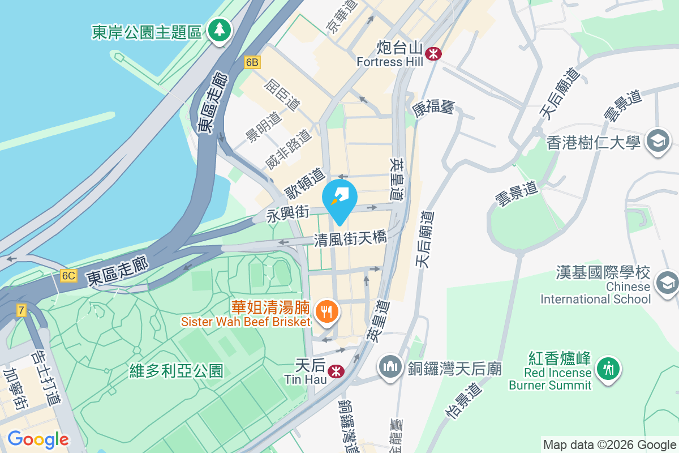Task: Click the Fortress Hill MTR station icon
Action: [434, 54]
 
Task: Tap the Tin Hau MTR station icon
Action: [336, 371]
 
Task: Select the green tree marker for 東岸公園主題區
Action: [218, 29]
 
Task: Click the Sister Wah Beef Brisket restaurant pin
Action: [327, 311]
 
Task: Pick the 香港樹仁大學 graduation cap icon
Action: [658, 140]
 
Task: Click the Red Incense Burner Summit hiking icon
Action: [608, 369]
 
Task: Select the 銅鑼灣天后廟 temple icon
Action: [390, 367]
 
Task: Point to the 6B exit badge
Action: [252, 62]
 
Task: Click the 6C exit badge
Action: [68, 276]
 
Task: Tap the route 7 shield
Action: [22, 310]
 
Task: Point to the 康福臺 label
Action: [434, 108]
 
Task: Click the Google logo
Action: [38, 439]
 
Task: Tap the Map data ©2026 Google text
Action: [609, 445]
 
